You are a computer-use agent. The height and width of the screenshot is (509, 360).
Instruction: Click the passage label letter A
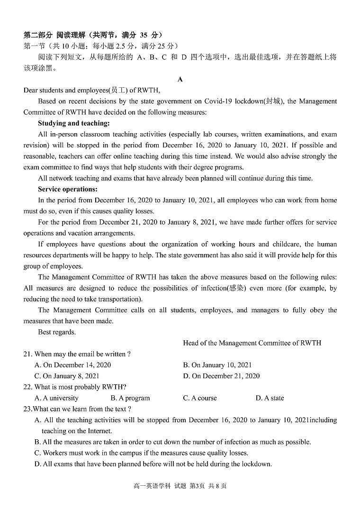pyautogui.click(x=180, y=79)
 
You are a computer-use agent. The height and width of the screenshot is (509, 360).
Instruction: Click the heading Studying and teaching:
pyautogui.click(x=73, y=123)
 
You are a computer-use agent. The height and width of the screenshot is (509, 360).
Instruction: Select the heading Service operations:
pyautogui.click(x=67, y=189)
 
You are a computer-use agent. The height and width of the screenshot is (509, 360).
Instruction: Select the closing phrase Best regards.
pyautogui.click(x=57, y=332)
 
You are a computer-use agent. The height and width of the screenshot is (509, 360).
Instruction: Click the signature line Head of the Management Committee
pyautogui.click(x=252, y=343)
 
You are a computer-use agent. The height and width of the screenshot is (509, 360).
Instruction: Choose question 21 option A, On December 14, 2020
pyautogui.click(x=73, y=365)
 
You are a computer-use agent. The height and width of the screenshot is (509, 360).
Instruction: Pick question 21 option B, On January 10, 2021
pyautogui.click(x=217, y=365)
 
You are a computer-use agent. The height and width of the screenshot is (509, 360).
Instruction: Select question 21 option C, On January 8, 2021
pyautogui.click(x=67, y=376)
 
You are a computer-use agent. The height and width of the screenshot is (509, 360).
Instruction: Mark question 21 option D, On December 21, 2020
pyautogui.click(x=221, y=376)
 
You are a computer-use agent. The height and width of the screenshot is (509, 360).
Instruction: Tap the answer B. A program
pyautogui.click(x=130, y=398)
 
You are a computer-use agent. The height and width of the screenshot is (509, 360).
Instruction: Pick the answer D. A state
pyautogui.click(x=270, y=398)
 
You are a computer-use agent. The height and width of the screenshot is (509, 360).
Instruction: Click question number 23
pyautogui.click(x=27, y=409)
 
